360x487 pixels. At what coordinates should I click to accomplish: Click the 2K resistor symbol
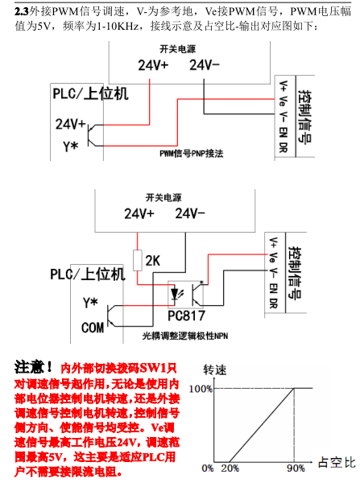point(138,260)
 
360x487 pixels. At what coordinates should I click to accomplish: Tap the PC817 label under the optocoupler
point(186,316)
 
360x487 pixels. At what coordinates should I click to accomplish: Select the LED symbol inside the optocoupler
point(175,294)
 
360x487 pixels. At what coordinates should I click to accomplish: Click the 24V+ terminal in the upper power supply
point(153,65)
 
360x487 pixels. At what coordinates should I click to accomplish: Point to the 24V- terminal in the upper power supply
point(205,65)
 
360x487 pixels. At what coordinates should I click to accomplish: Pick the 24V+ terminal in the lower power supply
point(139,213)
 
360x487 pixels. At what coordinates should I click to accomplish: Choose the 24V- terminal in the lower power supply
point(190,213)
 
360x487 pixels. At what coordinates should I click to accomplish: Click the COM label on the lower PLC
point(93,328)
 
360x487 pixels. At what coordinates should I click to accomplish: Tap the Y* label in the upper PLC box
point(71,146)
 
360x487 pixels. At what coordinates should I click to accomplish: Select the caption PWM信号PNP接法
point(192,154)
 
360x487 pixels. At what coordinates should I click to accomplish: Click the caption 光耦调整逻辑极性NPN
point(185,336)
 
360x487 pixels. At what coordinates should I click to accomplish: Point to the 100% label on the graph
point(201,389)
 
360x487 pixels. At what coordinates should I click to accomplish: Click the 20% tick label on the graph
point(230,468)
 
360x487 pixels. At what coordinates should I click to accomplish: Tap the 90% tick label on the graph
point(296,468)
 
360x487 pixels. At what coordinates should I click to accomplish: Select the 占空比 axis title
point(337,463)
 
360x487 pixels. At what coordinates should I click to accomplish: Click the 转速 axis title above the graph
point(215,370)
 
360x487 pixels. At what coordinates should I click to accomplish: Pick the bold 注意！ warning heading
point(34,367)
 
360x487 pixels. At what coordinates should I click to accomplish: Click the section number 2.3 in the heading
point(22,12)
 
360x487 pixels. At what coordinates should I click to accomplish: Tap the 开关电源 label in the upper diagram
point(178,49)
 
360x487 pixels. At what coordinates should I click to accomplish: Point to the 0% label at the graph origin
point(208,468)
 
